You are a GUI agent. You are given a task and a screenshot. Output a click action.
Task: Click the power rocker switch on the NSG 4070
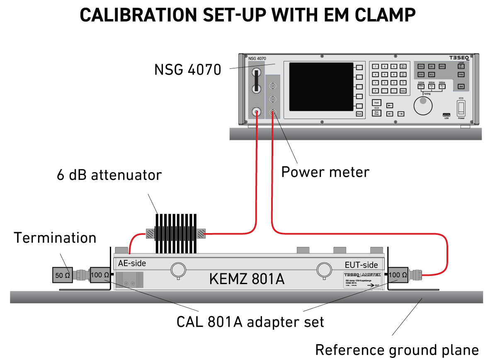[461, 109]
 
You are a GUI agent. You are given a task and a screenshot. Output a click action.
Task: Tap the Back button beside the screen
[359, 114]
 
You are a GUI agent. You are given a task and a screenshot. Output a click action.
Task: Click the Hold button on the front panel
[376, 102]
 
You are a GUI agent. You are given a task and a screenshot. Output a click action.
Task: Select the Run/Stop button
[376, 113]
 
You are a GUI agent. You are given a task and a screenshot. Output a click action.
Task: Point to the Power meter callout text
[325, 172]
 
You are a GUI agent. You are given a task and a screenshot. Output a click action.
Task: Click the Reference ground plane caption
[397, 349]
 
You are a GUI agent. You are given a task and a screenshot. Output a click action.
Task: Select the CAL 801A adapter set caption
[250, 322]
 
